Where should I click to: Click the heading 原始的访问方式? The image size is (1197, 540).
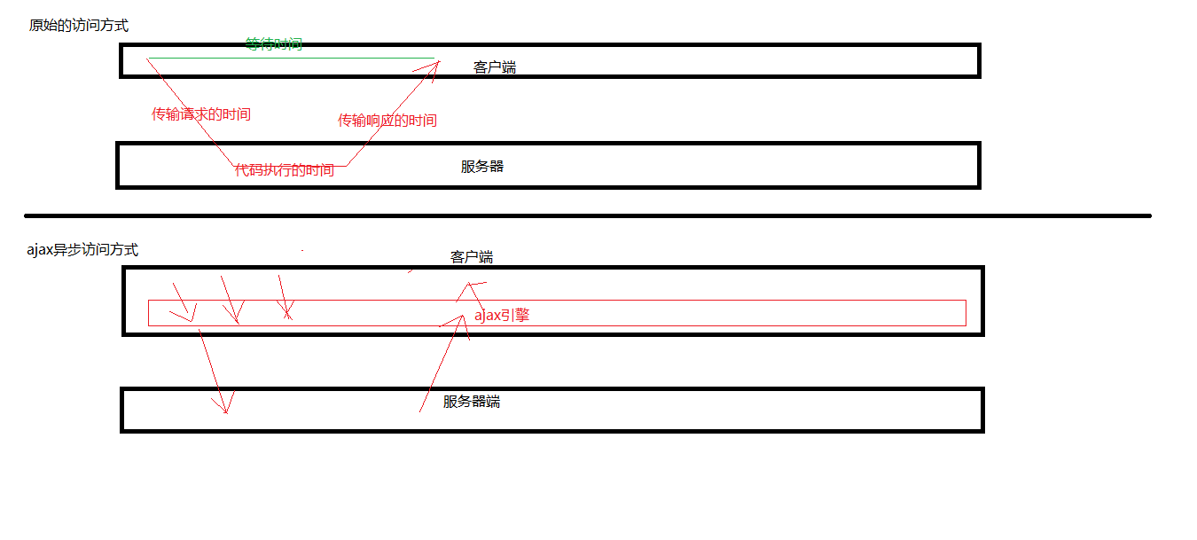click(x=79, y=25)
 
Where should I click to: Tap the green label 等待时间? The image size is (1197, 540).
click(x=274, y=43)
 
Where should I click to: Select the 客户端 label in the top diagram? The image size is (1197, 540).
click(x=494, y=67)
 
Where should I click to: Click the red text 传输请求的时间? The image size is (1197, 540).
click(x=201, y=113)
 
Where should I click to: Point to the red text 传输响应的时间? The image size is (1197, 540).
click(x=387, y=121)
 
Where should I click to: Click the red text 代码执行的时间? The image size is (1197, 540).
click(x=285, y=170)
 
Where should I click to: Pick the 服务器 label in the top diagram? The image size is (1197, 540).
click(x=482, y=167)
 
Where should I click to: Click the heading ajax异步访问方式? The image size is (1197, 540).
click(x=82, y=250)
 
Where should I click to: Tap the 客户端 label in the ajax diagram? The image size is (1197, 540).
click(x=472, y=257)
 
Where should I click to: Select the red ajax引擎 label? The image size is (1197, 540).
click(x=502, y=315)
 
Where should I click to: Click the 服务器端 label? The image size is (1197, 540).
click(x=472, y=402)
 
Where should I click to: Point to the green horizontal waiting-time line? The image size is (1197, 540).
click(x=291, y=58)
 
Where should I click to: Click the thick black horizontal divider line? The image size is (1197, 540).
click(x=588, y=216)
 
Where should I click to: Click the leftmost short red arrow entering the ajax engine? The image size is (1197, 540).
click(x=183, y=302)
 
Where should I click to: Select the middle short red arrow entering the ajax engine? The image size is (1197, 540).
click(x=230, y=300)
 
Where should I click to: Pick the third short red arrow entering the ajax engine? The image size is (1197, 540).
click(x=284, y=297)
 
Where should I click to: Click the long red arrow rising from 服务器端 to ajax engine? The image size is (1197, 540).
click(x=442, y=364)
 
